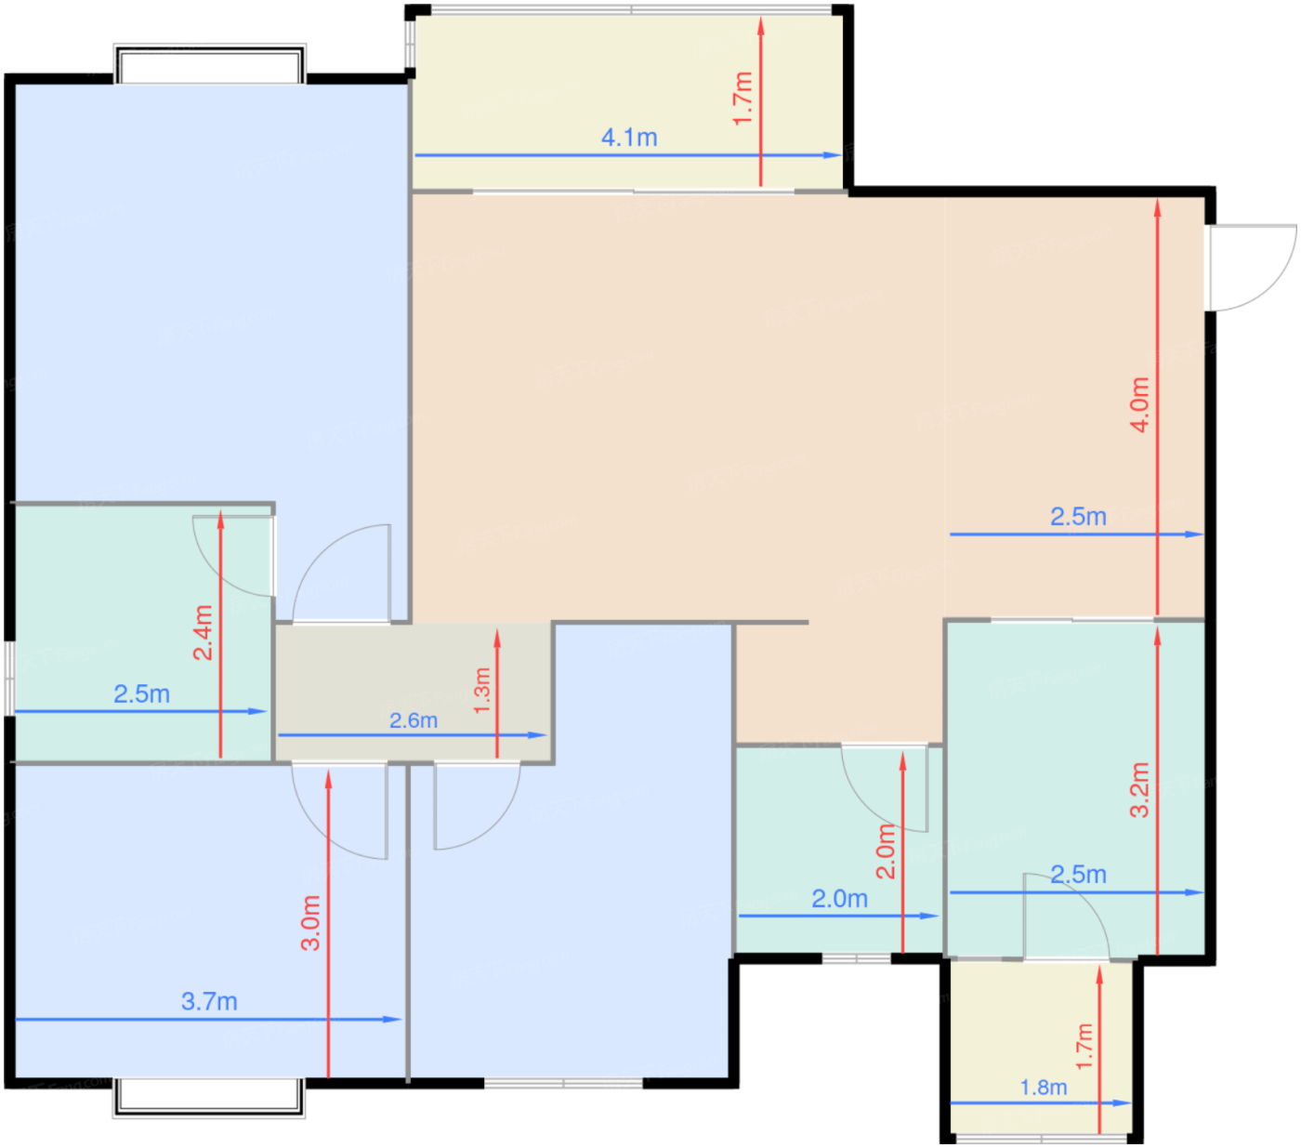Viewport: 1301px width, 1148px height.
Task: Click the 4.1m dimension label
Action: (x=629, y=138)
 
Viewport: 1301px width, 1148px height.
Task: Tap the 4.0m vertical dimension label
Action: (x=1138, y=404)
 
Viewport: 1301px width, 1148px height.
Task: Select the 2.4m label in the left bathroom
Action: (x=203, y=633)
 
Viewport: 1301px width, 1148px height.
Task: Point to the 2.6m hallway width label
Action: (x=414, y=720)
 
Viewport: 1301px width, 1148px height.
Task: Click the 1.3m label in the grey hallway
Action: (x=481, y=692)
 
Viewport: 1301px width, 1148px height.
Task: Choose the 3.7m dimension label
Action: (x=209, y=1001)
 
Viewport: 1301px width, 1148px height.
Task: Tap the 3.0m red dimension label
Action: (x=310, y=922)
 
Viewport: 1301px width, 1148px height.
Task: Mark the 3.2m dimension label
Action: (x=1139, y=789)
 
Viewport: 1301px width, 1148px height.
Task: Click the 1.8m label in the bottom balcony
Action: (x=1044, y=1087)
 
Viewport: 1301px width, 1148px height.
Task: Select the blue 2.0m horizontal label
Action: (x=839, y=899)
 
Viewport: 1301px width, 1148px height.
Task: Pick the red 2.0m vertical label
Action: (x=886, y=851)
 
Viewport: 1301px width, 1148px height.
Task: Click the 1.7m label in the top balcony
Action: (x=742, y=99)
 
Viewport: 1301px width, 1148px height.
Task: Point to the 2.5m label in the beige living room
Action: (x=1078, y=517)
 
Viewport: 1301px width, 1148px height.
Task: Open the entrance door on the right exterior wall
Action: (x=1252, y=267)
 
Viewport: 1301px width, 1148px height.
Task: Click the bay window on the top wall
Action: (x=209, y=63)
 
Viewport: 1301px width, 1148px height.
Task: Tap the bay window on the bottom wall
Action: (x=209, y=1098)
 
